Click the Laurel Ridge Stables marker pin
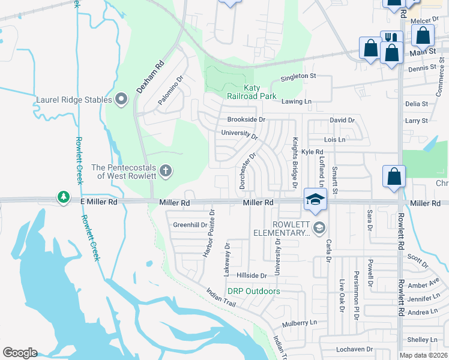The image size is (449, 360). pyautogui.click(x=121, y=99)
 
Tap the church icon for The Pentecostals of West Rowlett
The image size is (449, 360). pyautogui.click(x=166, y=171)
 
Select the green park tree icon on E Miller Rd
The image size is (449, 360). pyautogui.click(x=63, y=197)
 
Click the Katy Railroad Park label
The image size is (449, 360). pyautogui.click(x=252, y=92)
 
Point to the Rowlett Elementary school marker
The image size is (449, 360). pyautogui.click(x=319, y=226)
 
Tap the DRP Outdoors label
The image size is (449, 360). pyautogui.click(x=253, y=292)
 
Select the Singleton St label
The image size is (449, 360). pyautogui.click(x=298, y=76)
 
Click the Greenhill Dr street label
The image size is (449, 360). pyautogui.click(x=190, y=225)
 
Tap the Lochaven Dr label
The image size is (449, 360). pyautogui.click(x=355, y=349)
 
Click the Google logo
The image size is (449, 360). pyautogui.click(x=19, y=353)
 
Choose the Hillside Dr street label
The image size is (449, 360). pyautogui.click(x=252, y=275)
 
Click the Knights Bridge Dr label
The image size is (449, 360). pyautogui.click(x=295, y=163)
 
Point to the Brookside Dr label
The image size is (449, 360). pyautogui.click(x=246, y=119)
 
